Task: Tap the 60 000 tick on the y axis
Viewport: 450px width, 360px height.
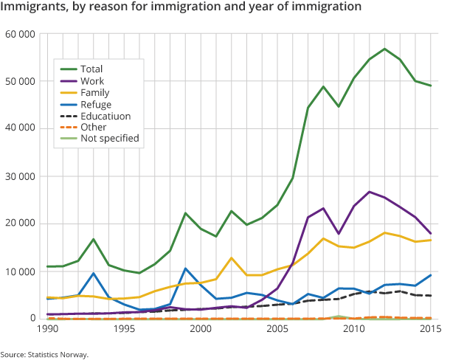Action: [20, 35]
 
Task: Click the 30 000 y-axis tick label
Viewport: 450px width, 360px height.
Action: [20, 176]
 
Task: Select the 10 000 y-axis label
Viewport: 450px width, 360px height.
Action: [20, 271]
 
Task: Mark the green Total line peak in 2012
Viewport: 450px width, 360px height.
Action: [384, 49]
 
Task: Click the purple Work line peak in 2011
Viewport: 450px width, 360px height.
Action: [369, 192]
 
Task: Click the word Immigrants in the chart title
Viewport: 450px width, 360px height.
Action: [37, 9]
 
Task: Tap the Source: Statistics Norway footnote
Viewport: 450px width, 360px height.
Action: [44, 353]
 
